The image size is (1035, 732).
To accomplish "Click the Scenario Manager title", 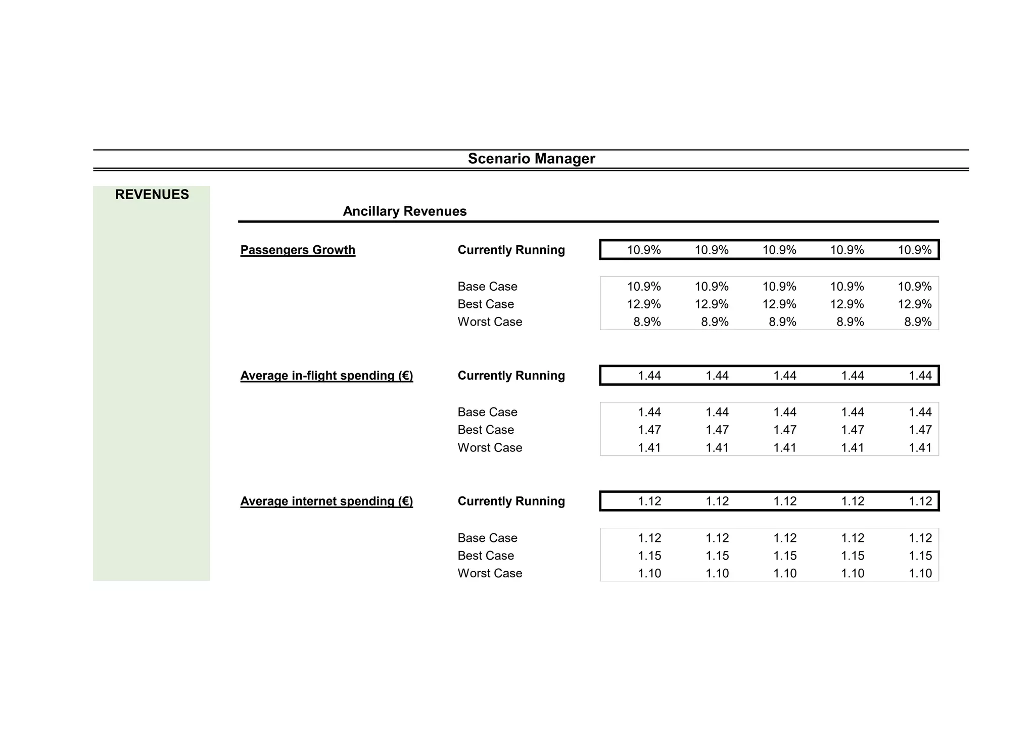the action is coord(531,159).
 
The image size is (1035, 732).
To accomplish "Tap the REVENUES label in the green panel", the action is coord(152,195).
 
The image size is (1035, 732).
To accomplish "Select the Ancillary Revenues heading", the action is coord(404,211).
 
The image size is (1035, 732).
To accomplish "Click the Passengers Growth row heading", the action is coord(298,250).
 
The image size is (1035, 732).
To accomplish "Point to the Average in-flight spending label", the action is coord(326,376).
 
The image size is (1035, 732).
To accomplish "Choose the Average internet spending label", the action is coord(326,501).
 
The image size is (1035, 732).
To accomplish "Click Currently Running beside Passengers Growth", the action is coord(511,250).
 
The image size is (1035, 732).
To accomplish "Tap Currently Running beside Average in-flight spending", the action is coord(511,376).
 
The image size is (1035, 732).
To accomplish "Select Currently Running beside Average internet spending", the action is coord(511,501).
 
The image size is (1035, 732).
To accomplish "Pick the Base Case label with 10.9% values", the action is coord(487,287).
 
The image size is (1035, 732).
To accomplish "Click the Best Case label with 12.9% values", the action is coord(486,304).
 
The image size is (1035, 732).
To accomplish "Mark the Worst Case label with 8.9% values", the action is coord(490,322).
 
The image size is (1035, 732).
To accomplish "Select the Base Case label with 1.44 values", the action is coord(487,413).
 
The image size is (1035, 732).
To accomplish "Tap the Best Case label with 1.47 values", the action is coord(486,430).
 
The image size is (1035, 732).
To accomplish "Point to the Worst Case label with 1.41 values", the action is coord(490,448).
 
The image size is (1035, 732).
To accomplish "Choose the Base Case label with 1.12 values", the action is coord(487,538).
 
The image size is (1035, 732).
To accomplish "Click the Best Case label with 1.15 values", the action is coord(486,556).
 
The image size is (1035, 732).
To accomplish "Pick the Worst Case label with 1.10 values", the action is coord(490,573).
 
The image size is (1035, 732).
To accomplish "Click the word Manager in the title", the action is coord(564,159).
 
